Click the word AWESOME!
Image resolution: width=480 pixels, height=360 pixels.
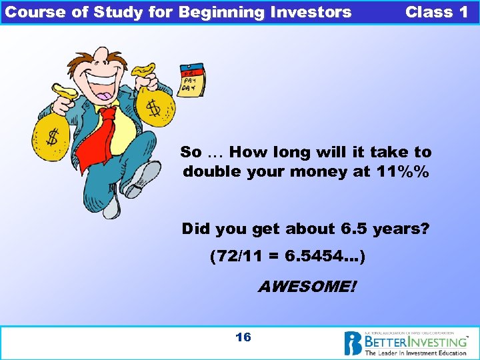[307, 287]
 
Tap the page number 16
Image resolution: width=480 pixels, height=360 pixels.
[243, 337]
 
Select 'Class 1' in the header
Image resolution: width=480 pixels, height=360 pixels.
[436, 12]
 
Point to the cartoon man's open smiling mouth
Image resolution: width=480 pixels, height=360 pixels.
[103, 85]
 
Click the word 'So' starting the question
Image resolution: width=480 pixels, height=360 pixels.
[191, 153]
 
